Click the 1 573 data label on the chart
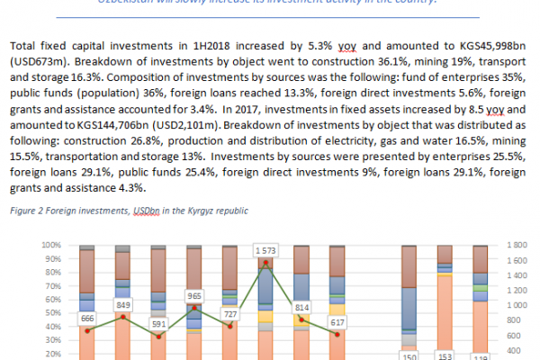click(x=265, y=248)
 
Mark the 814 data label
click(x=301, y=307)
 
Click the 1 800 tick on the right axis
click(x=517, y=245)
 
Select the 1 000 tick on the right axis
click(x=517, y=305)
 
